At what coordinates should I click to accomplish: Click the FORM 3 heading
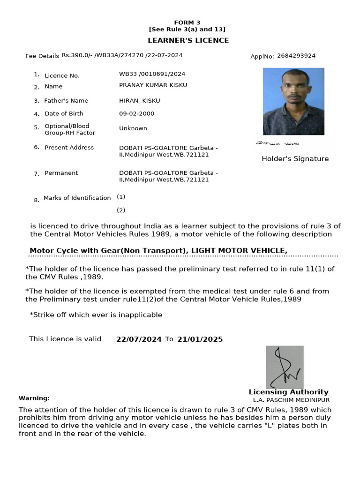pyautogui.click(x=187, y=22)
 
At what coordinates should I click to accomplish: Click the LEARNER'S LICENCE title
pyautogui.click(x=188, y=40)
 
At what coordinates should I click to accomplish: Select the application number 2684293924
pyautogui.click(x=296, y=56)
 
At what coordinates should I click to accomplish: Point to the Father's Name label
pyautogui.click(x=66, y=101)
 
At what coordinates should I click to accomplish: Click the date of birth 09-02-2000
pyautogui.click(x=136, y=113)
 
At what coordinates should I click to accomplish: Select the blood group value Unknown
pyautogui.click(x=133, y=128)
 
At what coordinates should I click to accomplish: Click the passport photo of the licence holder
pyautogui.click(x=293, y=101)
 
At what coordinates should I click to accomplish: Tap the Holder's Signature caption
pyautogui.click(x=295, y=159)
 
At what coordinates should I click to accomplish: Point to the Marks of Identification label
pyautogui.click(x=77, y=198)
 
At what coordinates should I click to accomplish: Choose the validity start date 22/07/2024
pyautogui.click(x=139, y=339)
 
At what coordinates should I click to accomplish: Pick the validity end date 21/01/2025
pyautogui.click(x=200, y=339)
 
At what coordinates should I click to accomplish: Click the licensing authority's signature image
pyautogui.click(x=285, y=367)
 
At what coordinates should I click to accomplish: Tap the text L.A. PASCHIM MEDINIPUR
pyautogui.click(x=291, y=400)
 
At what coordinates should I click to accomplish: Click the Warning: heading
pyautogui.click(x=34, y=398)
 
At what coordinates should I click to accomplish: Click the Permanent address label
pyautogui.click(x=61, y=173)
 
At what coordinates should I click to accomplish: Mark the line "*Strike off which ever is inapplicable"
pyautogui.click(x=96, y=315)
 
